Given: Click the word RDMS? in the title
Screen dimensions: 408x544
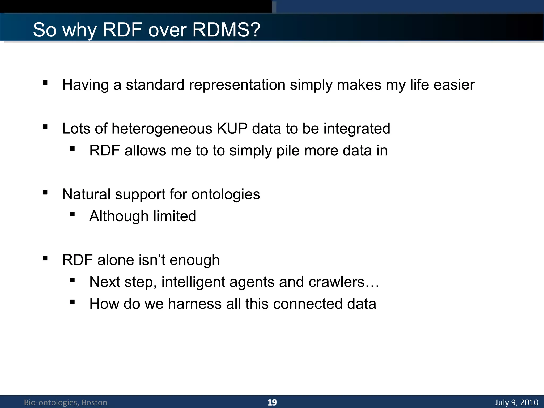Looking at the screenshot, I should (x=226, y=29).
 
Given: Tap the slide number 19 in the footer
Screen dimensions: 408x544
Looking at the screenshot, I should (x=272, y=402).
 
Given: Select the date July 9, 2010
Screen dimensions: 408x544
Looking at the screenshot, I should (x=517, y=402).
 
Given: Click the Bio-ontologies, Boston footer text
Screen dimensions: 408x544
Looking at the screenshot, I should (x=65, y=402).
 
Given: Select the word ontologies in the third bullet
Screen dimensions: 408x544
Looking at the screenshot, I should (x=226, y=194).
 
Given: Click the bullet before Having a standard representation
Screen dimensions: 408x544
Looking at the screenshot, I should (x=45, y=83).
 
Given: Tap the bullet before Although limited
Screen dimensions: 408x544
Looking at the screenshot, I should (x=72, y=214).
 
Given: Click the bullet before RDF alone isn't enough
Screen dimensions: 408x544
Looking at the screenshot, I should (x=45, y=258).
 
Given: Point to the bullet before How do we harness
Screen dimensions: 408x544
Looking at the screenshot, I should (x=72, y=302).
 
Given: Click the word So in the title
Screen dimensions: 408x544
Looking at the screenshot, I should (x=45, y=29).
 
